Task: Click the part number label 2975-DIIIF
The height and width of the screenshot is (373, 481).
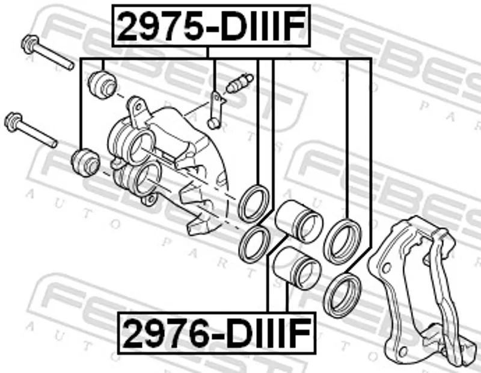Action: click(x=212, y=25)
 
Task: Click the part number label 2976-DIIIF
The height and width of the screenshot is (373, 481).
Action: click(x=216, y=333)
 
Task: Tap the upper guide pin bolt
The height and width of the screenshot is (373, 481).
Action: click(x=47, y=52)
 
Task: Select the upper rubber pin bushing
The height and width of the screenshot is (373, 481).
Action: click(x=102, y=84)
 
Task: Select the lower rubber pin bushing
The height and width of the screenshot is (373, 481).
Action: click(x=85, y=162)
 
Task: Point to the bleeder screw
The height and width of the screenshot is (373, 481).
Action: click(x=239, y=83)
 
